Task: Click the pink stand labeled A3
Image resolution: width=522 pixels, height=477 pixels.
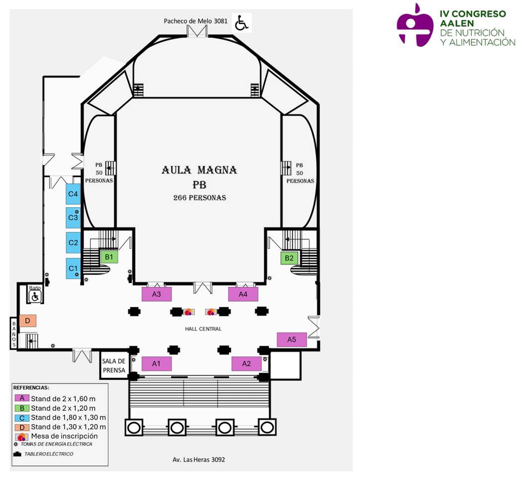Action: click(x=157, y=294)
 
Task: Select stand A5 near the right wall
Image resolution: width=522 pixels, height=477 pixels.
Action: click(x=292, y=340)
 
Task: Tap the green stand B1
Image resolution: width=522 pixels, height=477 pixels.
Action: click(x=109, y=257)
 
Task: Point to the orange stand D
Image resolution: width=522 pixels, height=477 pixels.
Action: click(x=28, y=321)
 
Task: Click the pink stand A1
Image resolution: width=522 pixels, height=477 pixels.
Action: click(x=156, y=363)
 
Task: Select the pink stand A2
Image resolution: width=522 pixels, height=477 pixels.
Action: click(x=247, y=363)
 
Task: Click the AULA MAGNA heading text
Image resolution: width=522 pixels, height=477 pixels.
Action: click(x=199, y=170)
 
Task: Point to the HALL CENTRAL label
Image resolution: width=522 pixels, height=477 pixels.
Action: click(x=203, y=329)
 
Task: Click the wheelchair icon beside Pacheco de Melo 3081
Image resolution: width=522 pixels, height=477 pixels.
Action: click(x=242, y=23)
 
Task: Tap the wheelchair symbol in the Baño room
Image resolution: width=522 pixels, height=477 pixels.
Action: click(x=35, y=297)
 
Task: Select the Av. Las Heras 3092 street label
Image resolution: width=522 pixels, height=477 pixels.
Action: click(x=197, y=460)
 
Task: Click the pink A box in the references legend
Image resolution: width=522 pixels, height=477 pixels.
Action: click(x=22, y=398)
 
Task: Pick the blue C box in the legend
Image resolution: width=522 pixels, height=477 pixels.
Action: click(x=22, y=417)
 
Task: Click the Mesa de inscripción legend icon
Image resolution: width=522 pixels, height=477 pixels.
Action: click(x=22, y=437)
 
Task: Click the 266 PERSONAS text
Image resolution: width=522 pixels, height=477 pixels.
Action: click(x=199, y=198)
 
